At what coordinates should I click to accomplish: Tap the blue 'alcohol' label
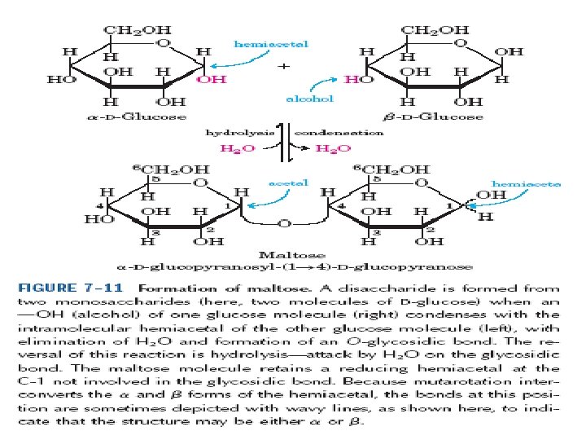(311, 98)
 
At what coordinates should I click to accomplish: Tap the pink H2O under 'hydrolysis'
(238, 148)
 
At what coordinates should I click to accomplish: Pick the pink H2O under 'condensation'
(334, 148)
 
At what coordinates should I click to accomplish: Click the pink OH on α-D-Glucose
(212, 80)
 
